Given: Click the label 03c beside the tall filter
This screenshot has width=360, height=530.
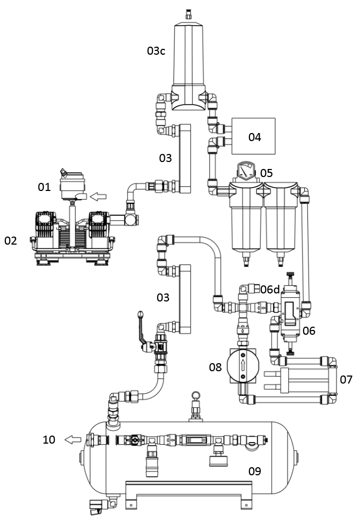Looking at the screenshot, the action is click(x=156, y=51).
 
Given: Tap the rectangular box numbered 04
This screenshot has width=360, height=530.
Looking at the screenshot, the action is click(x=253, y=136).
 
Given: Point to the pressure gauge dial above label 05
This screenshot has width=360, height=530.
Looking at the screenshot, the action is click(x=246, y=171).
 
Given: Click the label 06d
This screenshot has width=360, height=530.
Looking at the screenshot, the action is click(x=270, y=289).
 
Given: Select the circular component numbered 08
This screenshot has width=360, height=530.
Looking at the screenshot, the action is click(x=243, y=365).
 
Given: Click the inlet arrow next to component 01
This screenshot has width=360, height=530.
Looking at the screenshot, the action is click(x=100, y=196).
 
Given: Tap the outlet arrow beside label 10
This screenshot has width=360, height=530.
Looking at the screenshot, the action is click(x=74, y=439).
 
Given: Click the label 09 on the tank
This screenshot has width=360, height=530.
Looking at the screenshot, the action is click(x=254, y=471).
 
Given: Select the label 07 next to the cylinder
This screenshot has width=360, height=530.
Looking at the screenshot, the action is click(x=346, y=380).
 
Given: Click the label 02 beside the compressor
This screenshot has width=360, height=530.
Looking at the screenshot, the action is click(x=11, y=241).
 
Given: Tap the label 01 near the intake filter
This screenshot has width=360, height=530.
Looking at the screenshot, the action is click(x=45, y=187).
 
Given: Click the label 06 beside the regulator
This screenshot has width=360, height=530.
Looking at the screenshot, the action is click(x=309, y=331).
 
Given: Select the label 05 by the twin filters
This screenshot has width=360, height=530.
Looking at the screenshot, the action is click(x=266, y=173).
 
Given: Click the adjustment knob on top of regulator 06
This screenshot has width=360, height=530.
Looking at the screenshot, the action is click(x=290, y=275).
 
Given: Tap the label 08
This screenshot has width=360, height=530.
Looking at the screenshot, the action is click(x=215, y=367).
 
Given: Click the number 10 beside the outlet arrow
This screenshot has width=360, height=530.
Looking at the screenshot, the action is click(x=49, y=439).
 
